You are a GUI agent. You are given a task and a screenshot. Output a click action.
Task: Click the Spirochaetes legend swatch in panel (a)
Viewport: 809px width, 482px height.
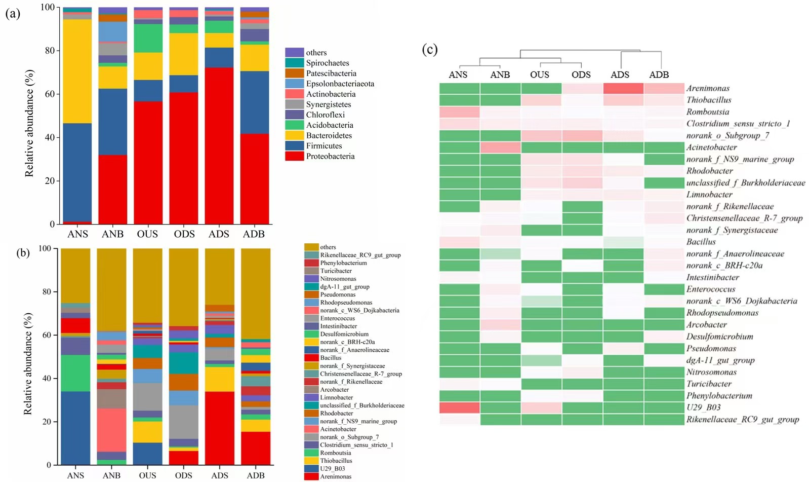click(x=294, y=63)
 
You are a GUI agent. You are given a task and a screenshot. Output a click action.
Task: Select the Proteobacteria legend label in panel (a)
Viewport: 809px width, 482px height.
click(x=330, y=156)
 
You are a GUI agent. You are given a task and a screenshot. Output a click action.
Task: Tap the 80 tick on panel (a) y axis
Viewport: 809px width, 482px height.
click(x=49, y=51)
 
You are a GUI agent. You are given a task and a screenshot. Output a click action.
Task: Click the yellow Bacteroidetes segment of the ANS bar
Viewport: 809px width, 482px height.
click(x=77, y=71)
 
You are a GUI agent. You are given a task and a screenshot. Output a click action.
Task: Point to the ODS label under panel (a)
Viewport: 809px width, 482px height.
click(x=184, y=234)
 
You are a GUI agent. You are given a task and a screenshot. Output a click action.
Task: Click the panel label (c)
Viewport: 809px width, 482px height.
click(x=430, y=50)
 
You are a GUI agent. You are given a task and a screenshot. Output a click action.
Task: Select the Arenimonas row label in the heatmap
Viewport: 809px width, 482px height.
click(x=708, y=88)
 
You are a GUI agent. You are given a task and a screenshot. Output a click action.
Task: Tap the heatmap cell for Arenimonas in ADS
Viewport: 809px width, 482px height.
click(x=623, y=88)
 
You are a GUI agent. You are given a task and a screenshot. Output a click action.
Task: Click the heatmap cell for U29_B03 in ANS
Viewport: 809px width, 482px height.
click(x=459, y=407)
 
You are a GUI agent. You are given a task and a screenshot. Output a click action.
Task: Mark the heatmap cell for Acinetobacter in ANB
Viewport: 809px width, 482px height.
click(x=500, y=147)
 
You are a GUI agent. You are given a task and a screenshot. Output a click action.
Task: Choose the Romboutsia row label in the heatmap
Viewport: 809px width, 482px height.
click(x=708, y=112)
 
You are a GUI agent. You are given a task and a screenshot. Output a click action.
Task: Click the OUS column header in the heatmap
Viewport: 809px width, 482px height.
click(x=540, y=75)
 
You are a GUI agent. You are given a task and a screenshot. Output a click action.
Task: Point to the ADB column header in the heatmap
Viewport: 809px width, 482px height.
click(x=659, y=75)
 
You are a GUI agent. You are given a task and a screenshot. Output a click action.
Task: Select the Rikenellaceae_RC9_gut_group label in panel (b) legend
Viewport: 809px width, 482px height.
click(x=360, y=255)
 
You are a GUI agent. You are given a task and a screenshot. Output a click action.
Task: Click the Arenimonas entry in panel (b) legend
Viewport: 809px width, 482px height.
click(x=335, y=476)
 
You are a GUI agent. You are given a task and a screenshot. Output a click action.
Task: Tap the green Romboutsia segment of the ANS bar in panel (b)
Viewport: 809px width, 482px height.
click(x=75, y=373)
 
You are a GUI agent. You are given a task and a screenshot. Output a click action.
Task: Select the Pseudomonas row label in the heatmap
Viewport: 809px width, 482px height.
click(x=711, y=348)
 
